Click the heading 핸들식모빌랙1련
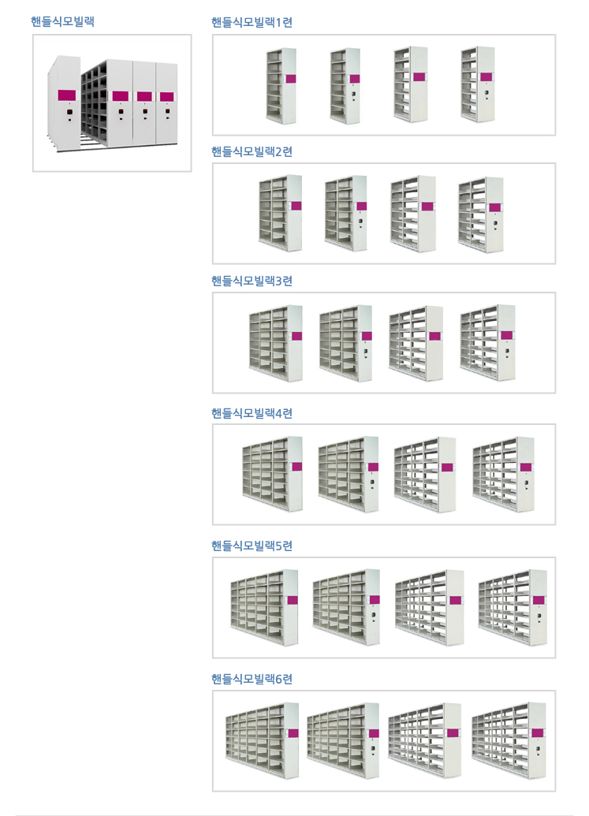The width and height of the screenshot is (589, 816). click(x=252, y=22)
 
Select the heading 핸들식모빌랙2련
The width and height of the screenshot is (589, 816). click(x=252, y=151)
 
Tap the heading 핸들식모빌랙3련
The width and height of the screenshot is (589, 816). click(x=252, y=281)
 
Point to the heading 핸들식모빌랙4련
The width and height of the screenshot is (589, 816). click(x=252, y=413)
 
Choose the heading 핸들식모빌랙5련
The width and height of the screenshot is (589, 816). click(x=252, y=546)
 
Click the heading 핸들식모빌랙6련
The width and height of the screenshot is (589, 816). click(x=252, y=679)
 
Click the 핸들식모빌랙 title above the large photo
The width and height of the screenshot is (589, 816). click(x=62, y=22)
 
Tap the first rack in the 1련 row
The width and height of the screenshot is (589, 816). click(x=281, y=86)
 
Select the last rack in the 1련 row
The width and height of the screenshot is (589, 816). click(x=478, y=84)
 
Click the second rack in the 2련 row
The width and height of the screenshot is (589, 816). click(x=345, y=214)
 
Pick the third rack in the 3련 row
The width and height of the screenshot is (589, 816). click(x=416, y=343)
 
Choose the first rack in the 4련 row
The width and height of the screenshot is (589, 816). click(x=272, y=474)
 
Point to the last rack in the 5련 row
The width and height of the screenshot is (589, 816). click(x=513, y=607)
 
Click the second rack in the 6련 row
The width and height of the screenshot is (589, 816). click(x=343, y=740)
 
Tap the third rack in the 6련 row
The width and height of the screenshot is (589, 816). click(x=424, y=740)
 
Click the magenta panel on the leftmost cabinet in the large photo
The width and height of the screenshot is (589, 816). click(x=66, y=95)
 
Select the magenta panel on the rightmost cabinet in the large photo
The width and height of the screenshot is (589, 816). click(x=167, y=97)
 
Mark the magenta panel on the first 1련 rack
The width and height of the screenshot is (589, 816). click(x=291, y=79)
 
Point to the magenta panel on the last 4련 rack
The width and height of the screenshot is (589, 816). click(x=526, y=468)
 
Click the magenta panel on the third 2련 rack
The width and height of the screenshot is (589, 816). click(x=427, y=206)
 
